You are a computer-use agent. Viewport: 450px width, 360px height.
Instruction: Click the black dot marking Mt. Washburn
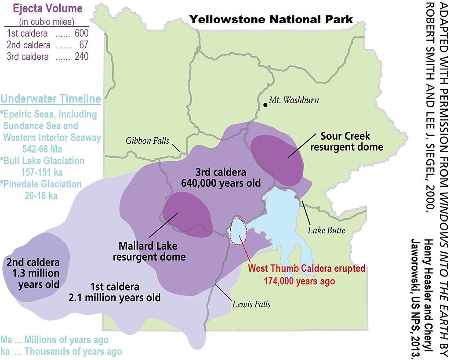coord(265,105)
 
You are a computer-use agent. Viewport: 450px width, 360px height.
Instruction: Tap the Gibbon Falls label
coord(147,141)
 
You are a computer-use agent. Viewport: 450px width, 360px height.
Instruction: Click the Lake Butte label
coord(326,230)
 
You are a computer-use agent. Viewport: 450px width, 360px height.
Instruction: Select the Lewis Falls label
coord(251,304)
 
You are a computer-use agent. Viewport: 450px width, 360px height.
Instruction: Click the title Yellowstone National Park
coord(271,19)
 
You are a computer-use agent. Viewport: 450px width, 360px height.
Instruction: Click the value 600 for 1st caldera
coord(81,33)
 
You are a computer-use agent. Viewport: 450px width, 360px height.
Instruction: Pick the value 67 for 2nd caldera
coord(84,45)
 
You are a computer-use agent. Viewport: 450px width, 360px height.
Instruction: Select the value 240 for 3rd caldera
coord(81,56)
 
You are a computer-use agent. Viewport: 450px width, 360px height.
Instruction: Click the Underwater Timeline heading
coord(51,99)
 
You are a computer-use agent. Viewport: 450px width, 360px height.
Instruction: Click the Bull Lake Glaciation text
coord(44,160)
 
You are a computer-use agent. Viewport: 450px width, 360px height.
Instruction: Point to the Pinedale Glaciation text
coord(42,184)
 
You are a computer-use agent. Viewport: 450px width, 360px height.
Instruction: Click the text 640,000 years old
coord(221,183)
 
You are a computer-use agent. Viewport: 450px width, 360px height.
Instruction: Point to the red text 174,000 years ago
coord(299,281)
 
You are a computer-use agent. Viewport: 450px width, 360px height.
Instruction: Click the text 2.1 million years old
coord(114,298)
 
